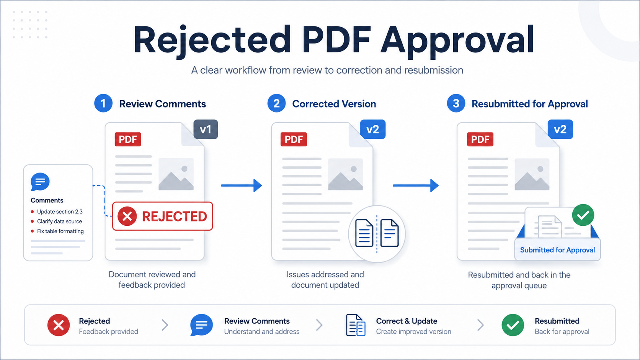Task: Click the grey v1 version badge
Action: [206, 129]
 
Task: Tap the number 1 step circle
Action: [103, 103]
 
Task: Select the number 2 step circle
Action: [276, 103]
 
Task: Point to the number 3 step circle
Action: [456, 103]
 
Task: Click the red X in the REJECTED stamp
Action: [127, 216]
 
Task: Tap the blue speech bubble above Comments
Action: [40, 182]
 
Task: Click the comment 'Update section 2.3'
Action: [60, 212]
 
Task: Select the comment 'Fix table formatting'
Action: [60, 231]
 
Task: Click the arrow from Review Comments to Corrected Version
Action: [242, 186]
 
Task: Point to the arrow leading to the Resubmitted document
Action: [416, 186]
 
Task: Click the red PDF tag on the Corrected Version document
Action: [294, 139]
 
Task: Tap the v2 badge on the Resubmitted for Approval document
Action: [560, 129]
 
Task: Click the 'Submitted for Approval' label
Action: [557, 250]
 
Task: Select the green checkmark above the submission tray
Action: [583, 215]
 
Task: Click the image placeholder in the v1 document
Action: [176, 174]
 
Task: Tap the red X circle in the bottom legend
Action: [59, 325]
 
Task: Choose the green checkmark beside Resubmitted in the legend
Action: [513, 325]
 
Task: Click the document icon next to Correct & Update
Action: [356, 325]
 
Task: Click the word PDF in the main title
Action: [337, 39]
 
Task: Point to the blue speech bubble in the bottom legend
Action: [201, 325]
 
